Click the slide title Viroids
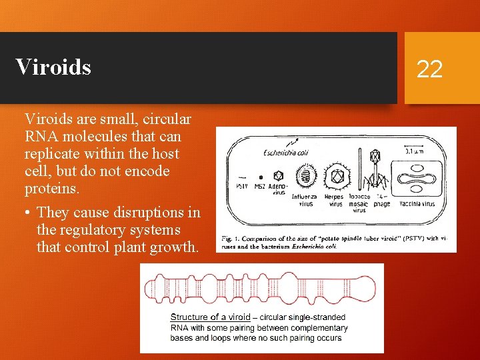pyautogui.click(x=53, y=67)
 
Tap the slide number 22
pyautogui.click(x=429, y=68)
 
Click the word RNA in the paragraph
pyautogui.click(x=39, y=137)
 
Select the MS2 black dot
pyautogui.click(x=261, y=177)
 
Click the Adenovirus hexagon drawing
pyautogui.click(x=278, y=175)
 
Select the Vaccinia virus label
pyautogui.click(x=417, y=204)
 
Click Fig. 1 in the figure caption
pyautogui.click(x=231, y=238)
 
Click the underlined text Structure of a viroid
pyautogui.click(x=210, y=317)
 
